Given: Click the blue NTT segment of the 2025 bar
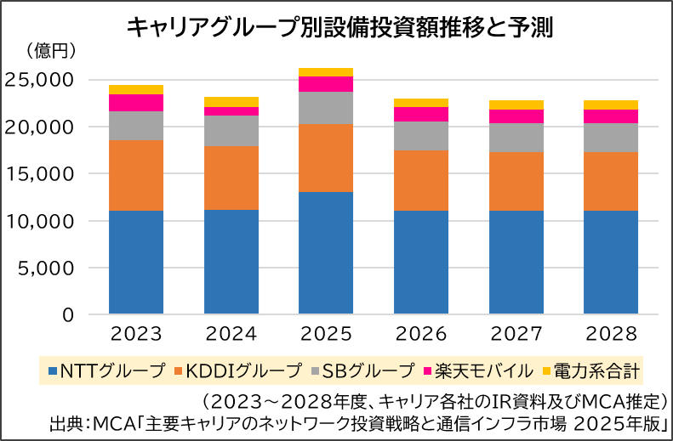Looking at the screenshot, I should (x=326, y=253).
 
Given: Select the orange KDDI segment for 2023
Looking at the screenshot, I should (x=136, y=175).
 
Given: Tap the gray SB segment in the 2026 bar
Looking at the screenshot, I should (x=421, y=136).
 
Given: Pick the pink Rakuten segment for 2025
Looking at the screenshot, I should (x=326, y=83).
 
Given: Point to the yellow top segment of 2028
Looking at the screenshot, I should (x=611, y=105).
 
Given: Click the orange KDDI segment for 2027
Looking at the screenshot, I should (x=516, y=181).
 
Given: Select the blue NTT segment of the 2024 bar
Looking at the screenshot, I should (x=231, y=262).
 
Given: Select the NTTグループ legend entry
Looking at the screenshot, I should (x=106, y=370).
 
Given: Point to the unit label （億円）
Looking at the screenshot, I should (x=53, y=52).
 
